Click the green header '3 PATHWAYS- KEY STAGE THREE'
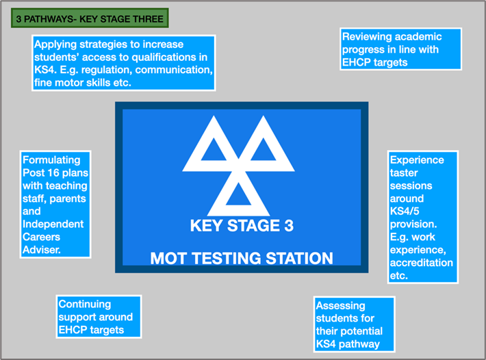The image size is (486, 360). pos(90,18)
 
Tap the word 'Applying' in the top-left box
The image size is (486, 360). pos(55,45)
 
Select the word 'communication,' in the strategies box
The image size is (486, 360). pos(174,70)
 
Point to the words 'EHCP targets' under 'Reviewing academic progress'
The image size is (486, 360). pos(374,62)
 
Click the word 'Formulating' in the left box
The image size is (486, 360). pos(51,160)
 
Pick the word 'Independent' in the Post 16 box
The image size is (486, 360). pos(53,224)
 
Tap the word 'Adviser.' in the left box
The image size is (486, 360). pos(42,250)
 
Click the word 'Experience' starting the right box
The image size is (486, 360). pos(417,160)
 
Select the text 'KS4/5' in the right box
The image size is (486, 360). pos(405,211)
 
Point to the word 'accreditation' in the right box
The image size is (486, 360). pos(421,263)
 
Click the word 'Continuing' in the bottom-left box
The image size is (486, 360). pos(85,305)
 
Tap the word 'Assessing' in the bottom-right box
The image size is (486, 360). pos(341,306)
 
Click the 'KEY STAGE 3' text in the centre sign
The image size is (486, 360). pos(242,226)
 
